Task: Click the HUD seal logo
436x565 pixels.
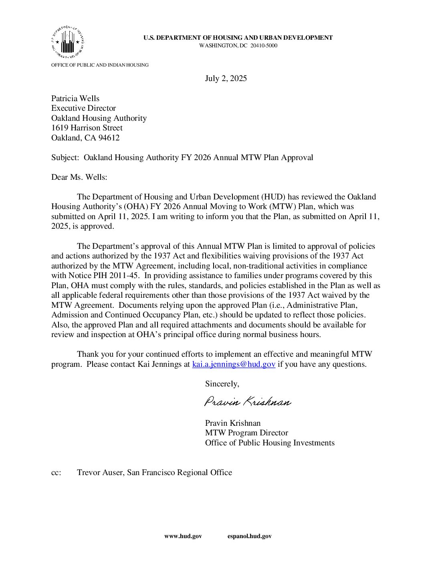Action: pyautogui.click(x=67, y=42)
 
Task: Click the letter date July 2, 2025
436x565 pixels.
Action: pyautogui.click(x=226, y=78)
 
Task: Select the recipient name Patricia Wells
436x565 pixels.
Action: pyautogui.click(x=75, y=98)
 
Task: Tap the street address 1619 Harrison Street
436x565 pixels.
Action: pyautogui.click(x=87, y=128)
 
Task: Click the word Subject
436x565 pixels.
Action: pyautogui.click(x=65, y=157)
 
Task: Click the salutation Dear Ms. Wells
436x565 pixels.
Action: pyautogui.click(x=79, y=177)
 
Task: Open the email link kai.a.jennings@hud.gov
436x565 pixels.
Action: pyautogui.click(x=234, y=364)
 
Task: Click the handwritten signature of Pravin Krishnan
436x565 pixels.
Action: pyautogui.click(x=248, y=402)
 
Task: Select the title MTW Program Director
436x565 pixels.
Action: pyautogui.click(x=246, y=433)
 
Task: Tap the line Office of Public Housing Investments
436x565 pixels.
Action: pyautogui.click(x=270, y=443)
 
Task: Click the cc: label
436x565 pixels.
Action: pyautogui.click(x=56, y=472)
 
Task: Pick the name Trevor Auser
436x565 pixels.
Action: pyautogui.click(x=100, y=472)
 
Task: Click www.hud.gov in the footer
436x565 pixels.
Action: pyautogui.click(x=183, y=536)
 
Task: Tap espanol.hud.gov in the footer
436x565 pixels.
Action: pyautogui.click(x=249, y=536)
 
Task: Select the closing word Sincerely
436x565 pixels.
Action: pyautogui.click(x=222, y=384)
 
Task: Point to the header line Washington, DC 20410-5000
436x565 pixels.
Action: pyautogui.click(x=238, y=45)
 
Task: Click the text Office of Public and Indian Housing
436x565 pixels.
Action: pyautogui.click(x=100, y=65)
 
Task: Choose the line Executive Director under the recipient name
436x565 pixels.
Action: pyautogui.click(x=83, y=108)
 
